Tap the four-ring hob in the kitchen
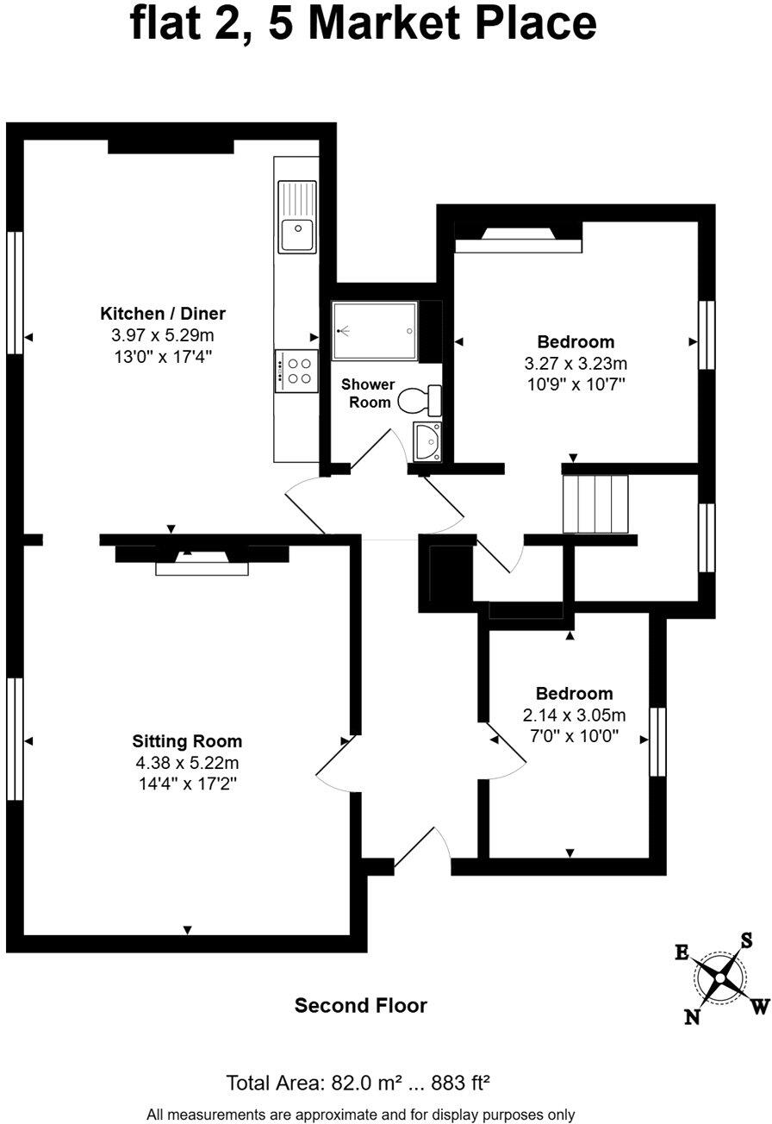pos(296,371)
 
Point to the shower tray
pos(376,330)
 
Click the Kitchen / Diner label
pos(163,313)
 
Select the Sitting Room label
pos(187,740)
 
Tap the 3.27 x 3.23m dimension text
pos(576,363)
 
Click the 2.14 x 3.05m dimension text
pos(574,715)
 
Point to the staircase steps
pos(595,504)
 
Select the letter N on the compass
pos(692,1017)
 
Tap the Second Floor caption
pos(360,1005)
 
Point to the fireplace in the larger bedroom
pos(518,238)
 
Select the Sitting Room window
pos(13,739)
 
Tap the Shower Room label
pos(368,393)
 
